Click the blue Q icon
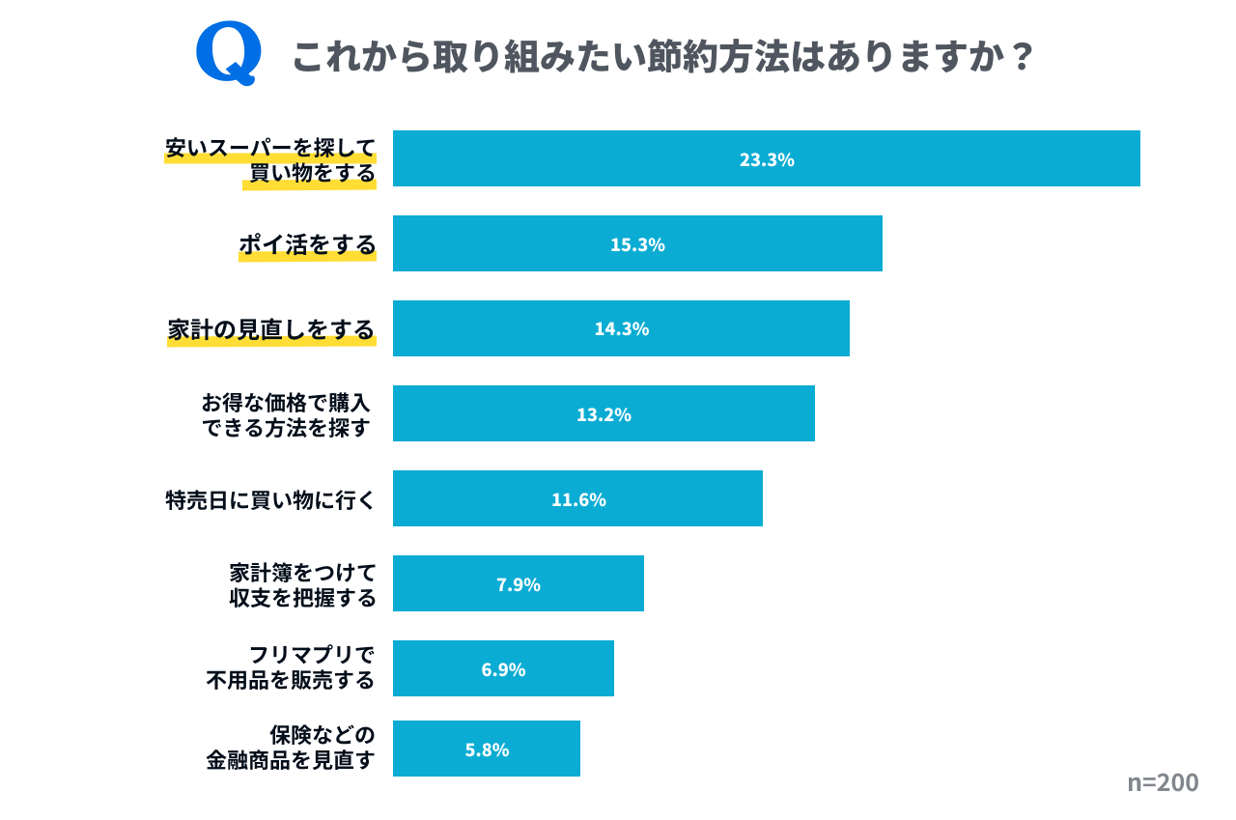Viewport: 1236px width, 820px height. tap(229, 54)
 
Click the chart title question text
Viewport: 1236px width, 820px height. tap(662, 57)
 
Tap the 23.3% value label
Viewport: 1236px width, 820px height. tap(767, 159)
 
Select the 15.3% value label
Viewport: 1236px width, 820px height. tap(637, 244)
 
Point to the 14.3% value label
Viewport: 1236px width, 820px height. tap(621, 328)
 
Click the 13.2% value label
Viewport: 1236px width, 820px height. tap(604, 414)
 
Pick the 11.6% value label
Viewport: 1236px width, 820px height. tap(578, 499)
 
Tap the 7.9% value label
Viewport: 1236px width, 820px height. tap(518, 584)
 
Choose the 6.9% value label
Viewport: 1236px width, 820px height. tap(503, 669)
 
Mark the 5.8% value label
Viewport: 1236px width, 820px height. tap(487, 749)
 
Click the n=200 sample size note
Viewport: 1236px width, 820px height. tap(1163, 782)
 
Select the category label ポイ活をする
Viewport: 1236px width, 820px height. tap(307, 244)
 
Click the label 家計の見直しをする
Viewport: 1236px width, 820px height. tap(271, 329)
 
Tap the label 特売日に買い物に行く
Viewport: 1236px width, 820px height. tap(269, 500)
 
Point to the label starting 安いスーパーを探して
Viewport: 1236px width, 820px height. tap(270, 160)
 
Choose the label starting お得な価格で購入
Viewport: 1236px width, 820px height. tap(286, 414)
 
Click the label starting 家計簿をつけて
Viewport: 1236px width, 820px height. tap(302, 584)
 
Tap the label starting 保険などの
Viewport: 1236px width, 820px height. tap(291, 748)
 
